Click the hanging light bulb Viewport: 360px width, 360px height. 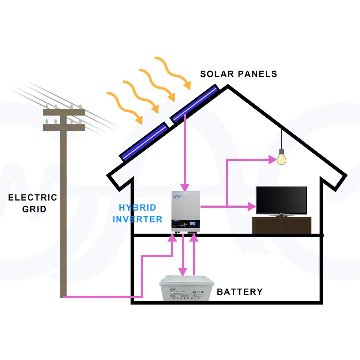(281, 159)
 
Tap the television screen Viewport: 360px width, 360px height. (281, 200)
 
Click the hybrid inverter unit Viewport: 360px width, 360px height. (185, 212)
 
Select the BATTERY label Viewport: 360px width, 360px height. (240, 292)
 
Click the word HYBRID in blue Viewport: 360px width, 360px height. (138, 208)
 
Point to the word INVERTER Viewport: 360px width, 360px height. (138, 219)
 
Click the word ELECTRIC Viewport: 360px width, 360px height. (33, 198)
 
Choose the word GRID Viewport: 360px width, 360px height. (34, 209)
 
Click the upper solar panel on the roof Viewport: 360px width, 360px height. (194, 103)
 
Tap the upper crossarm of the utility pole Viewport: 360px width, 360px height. (64, 112)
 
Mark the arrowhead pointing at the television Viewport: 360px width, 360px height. (252, 206)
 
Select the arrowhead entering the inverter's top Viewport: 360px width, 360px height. (185, 187)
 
